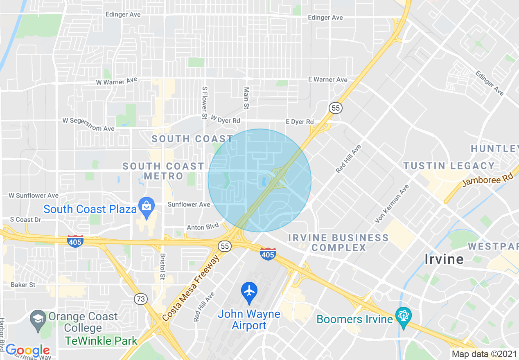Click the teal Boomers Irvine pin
[403, 317]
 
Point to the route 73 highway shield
[140, 299]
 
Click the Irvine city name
[444, 259]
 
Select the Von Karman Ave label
[392, 204]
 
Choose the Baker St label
[23, 285]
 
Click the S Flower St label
[204, 102]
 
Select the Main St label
[246, 98]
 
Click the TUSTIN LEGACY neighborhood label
[449, 166]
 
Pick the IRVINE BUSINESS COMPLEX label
[338, 243]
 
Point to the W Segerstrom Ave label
[88, 124]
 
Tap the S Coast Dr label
[26, 220]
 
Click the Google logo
[28, 350]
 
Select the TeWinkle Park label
[101, 340]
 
